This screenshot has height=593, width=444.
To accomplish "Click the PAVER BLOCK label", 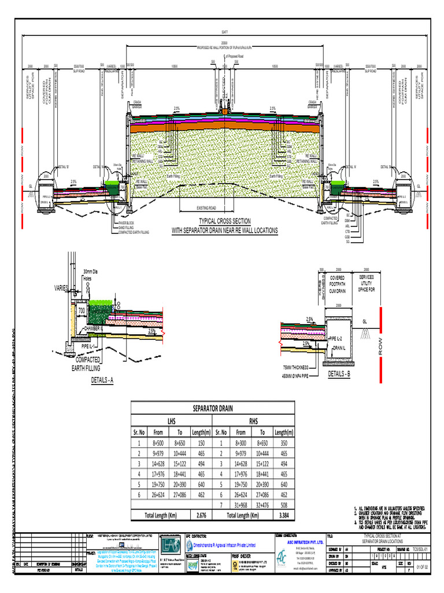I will (x=127, y=222).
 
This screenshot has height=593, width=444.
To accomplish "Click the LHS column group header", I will (x=172, y=420).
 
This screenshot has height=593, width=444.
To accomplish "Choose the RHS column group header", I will (x=254, y=420).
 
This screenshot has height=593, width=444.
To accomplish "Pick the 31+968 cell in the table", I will (x=241, y=504).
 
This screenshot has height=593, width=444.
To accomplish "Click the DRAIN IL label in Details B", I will (x=339, y=348).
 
